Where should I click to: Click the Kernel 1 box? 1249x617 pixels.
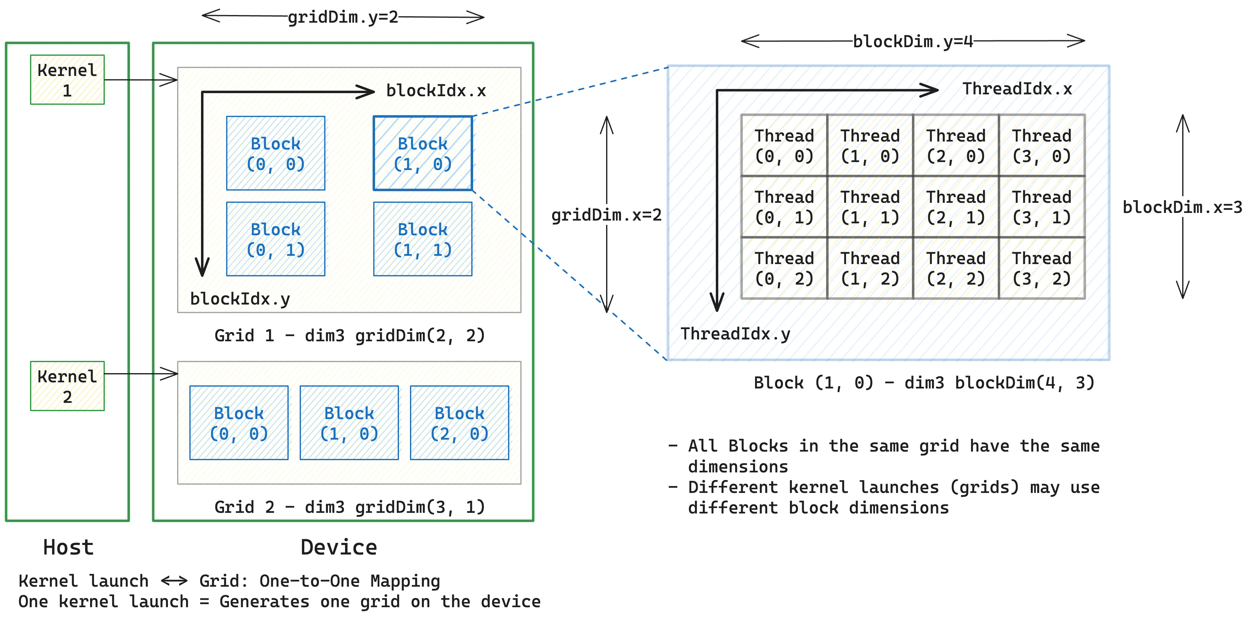[x=67, y=80]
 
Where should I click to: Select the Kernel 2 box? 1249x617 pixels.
[x=67, y=386]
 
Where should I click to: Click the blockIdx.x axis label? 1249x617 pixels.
[x=436, y=91]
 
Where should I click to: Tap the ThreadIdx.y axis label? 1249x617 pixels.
[x=735, y=334]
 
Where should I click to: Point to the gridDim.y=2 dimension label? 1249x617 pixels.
[x=343, y=17]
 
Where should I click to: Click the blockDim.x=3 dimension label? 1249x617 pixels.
[x=1182, y=207]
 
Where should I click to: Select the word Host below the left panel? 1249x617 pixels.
[x=68, y=547]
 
